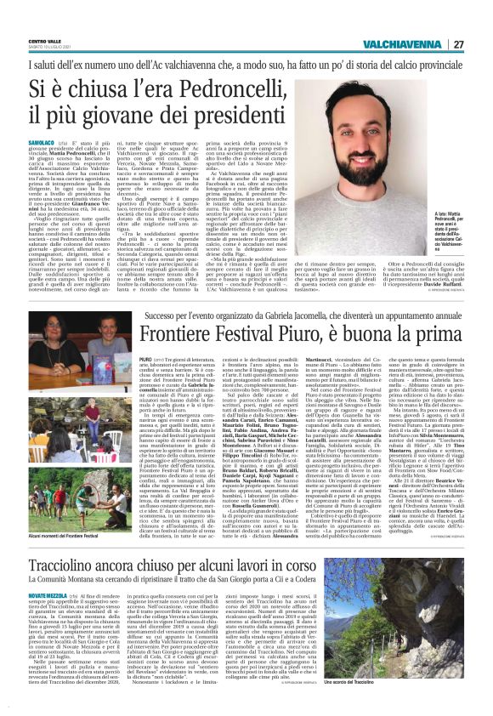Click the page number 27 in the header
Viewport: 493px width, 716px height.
coord(458,44)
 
